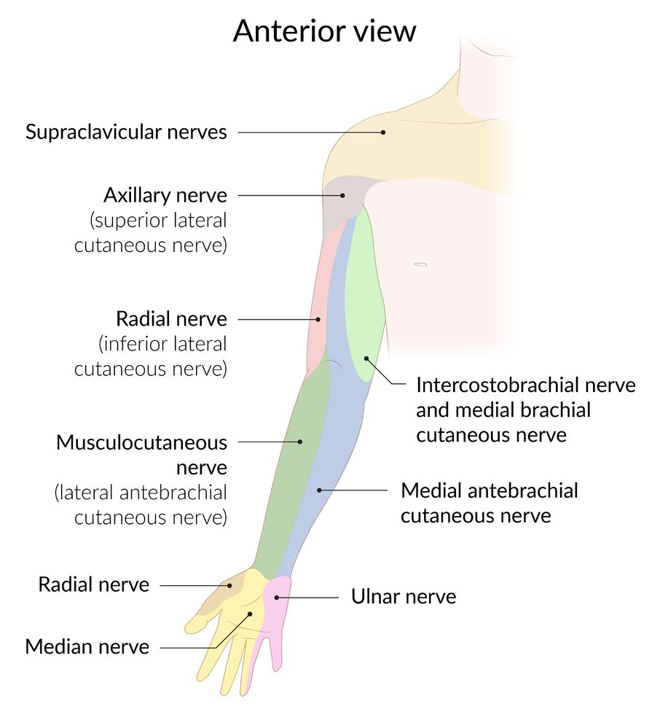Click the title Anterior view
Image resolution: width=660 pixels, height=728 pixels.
pos(325,31)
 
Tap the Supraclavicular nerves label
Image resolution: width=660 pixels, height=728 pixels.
pos(126,132)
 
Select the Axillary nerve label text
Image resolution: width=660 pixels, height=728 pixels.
pos(165,195)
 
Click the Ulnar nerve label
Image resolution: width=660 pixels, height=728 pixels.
pos(404,597)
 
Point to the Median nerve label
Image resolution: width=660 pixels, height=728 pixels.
pos(87,646)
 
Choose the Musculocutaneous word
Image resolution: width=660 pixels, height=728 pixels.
pos(141,442)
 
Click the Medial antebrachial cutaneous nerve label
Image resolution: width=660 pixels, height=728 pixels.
pos(489,503)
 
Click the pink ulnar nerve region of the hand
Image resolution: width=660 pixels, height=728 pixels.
pos(278,605)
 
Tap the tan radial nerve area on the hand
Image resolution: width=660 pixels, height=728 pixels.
pos(222,594)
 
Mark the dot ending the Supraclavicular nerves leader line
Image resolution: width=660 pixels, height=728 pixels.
pos(382,132)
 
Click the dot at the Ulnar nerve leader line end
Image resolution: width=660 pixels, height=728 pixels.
pos(276,598)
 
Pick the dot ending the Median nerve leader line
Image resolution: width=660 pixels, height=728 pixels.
pos(249,614)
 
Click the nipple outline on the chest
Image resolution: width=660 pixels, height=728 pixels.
pos(420,264)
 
